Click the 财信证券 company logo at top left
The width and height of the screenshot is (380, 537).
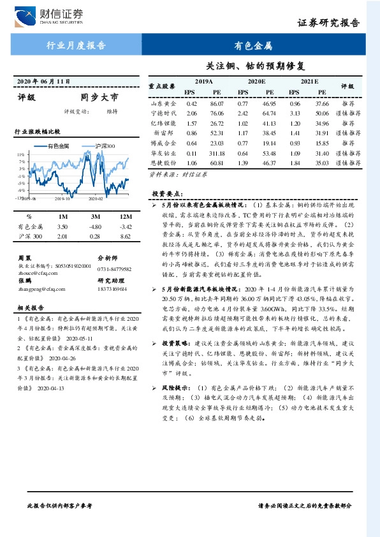[47, 14]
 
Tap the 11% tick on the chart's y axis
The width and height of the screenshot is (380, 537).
[21, 155]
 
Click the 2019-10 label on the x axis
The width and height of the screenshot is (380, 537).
[62, 198]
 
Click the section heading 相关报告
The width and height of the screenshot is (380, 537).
[29, 308]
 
